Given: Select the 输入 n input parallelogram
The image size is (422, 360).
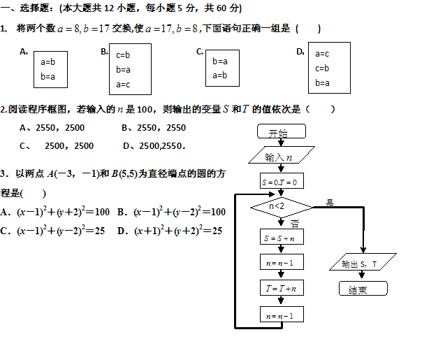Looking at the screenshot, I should pos(279,157).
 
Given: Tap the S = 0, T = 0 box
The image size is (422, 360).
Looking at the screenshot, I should pos(279,182).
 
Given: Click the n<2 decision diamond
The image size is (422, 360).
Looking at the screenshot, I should pos(279,206).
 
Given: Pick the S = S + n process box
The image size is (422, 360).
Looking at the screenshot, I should pos(279,238).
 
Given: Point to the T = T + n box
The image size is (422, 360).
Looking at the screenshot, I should pos(279,288).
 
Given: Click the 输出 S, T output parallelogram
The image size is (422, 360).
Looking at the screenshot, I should pos(361,264).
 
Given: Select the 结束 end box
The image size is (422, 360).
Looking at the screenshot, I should pos(361,288).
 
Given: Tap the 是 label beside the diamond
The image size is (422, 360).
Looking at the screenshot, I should pos(330,203).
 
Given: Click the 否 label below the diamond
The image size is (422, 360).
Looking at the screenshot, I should pos(294,224).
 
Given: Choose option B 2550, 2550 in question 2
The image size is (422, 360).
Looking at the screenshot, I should pos(154,128).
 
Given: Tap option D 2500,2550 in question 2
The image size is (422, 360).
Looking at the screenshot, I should pos(154,146).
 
